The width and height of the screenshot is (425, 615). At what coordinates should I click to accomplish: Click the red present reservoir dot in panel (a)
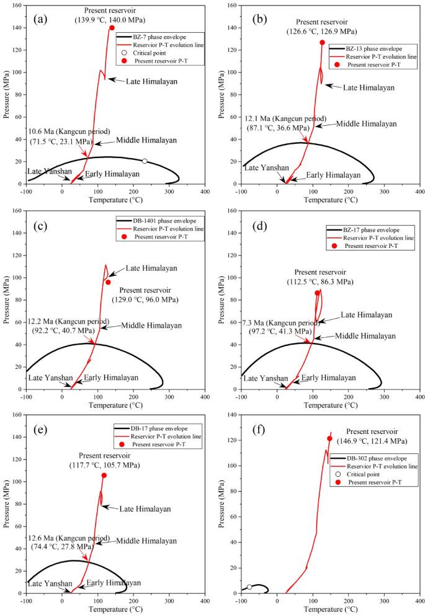pyautogui.click(x=112, y=28)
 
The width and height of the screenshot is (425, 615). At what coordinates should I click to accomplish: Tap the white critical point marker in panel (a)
pyautogui.click(x=145, y=161)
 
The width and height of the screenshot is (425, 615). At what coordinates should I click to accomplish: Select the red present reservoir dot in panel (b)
pyautogui.click(x=323, y=43)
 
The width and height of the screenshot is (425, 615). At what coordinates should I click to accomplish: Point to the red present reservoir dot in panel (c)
pyautogui.click(x=108, y=282)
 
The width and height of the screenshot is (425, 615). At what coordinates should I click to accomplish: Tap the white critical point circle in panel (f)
pyautogui.click(x=249, y=587)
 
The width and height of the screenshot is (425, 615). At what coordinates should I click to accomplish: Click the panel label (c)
pyautogui.click(x=37, y=221)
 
